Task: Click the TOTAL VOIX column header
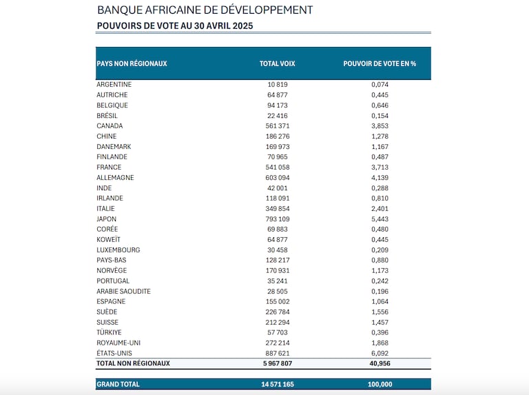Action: (278, 63)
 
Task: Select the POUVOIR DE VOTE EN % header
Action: (380, 63)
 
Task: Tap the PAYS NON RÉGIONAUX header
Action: (132, 63)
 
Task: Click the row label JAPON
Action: (106, 219)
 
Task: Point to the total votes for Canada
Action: (278, 126)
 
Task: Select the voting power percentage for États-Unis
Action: (380, 353)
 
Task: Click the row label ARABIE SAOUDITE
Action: (123, 291)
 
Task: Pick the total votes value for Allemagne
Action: (278, 178)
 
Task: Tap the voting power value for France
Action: (380, 167)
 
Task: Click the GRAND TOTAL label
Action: (118, 384)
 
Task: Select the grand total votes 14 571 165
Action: (278, 384)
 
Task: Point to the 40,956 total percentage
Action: (380, 363)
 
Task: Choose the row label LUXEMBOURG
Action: (118, 250)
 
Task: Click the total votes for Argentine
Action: (278, 84)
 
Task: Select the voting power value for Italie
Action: (380, 209)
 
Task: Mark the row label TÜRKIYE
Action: (109, 332)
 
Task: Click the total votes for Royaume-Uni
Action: (278, 343)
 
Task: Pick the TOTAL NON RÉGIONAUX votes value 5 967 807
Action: (278, 363)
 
